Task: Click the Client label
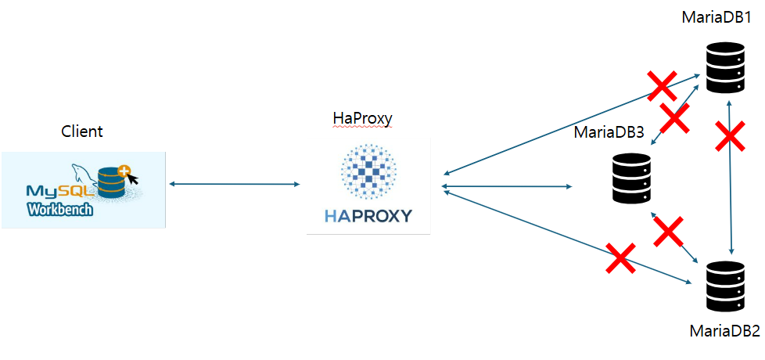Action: click(82, 131)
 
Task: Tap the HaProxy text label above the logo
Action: click(362, 118)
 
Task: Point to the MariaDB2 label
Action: click(724, 331)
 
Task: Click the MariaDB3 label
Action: click(609, 132)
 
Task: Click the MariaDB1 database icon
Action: click(726, 69)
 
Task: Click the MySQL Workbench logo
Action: click(84, 190)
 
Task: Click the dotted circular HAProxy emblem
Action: click(368, 171)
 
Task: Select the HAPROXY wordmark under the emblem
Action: click(368, 215)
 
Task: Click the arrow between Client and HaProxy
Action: click(235, 184)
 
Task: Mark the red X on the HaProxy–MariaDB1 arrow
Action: click(661, 86)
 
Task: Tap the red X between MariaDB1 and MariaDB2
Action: click(731, 138)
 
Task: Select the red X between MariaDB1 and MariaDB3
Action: click(674, 118)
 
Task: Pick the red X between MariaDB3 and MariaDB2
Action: click(669, 231)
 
